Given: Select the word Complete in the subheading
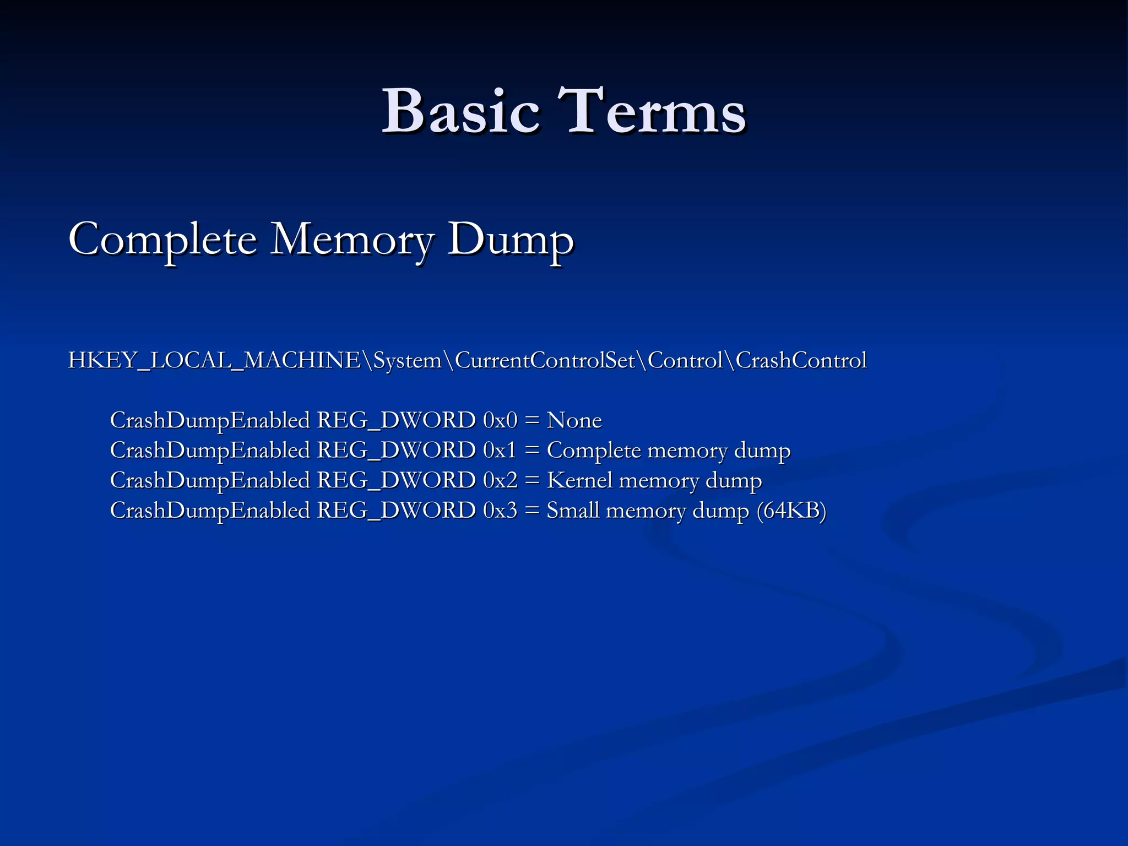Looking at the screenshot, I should tap(163, 240).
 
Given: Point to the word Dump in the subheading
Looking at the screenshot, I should tap(510, 240).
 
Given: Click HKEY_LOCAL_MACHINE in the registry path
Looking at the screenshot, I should tap(214, 361).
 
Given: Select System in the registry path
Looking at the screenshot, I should tap(407, 361).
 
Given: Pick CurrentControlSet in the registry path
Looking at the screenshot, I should tap(545, 361).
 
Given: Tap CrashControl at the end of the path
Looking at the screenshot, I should tap(801, 361).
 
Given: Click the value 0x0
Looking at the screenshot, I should tap(500, 421).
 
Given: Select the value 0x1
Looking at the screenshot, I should tap(500, 451).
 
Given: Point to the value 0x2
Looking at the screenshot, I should tap(500, 481).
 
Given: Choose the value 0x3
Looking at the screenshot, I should tap(500, 511).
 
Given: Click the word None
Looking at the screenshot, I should tap(574, 421).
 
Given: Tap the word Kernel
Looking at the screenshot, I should tap(579, 481).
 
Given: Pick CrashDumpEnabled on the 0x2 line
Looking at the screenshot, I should tap(210, 481).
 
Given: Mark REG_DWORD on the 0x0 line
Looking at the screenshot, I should tap(396, 421).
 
